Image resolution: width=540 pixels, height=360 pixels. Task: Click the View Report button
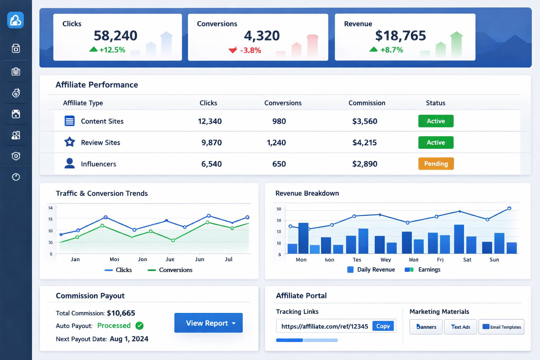point(208,323)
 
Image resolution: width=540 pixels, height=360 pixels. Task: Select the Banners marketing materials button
point(426,327)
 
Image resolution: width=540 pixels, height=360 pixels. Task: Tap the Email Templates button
point(501,327)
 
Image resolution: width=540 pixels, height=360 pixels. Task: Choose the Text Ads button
point(461,327)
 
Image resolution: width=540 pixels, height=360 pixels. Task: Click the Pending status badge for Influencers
point(436,164)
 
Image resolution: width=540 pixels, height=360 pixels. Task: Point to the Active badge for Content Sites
point(436,121)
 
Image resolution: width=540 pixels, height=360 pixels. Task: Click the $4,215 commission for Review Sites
point(364,142)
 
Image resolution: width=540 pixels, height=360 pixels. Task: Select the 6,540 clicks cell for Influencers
point(211,164)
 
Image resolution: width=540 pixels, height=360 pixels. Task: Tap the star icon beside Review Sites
point(70,142)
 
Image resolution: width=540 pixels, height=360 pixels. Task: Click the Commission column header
point(367,103)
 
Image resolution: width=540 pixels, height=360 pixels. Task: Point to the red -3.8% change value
point(250,50)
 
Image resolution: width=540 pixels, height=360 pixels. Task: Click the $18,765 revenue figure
point(400,36)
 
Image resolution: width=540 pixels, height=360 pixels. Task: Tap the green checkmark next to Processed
point(140,326)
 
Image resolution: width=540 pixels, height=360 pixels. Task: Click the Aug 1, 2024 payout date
point(129,339)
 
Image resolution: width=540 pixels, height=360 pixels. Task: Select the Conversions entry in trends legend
point(175,270)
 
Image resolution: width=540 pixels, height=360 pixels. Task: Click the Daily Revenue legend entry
point(375,270)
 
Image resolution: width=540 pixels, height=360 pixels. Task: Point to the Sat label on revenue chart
point(467,260)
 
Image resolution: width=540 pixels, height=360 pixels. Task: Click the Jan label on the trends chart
point(75,259)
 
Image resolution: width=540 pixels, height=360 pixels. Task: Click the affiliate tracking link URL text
point(324,326)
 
